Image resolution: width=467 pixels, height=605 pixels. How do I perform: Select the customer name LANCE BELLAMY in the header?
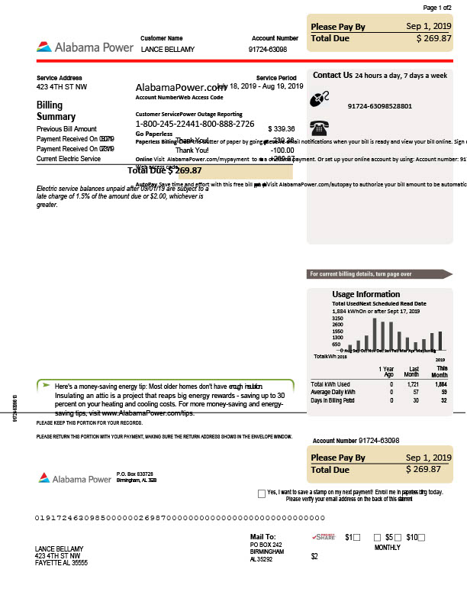(x=168, y=49)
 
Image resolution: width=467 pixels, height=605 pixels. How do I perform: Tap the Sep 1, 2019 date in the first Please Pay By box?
(x=428, y=26)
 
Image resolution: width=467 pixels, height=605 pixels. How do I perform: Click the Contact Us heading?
(x=332, y=76)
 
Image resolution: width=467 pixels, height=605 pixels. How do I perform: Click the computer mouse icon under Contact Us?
(x=320, y=99)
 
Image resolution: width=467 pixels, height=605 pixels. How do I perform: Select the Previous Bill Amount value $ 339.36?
(x=281, y=129)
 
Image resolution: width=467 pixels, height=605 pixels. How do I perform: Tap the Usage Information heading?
(x=366, y=294)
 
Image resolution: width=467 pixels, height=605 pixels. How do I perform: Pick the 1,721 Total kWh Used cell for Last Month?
(x=413, y=384)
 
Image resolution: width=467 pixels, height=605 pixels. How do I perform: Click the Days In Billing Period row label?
(x=333, y=400)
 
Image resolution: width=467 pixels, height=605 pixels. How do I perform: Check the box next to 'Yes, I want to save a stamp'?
(x=262, y=493)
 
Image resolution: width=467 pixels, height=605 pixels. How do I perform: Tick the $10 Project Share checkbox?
(x=421, y=538)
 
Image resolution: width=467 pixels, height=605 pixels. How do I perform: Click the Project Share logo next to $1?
(x=324, y=538)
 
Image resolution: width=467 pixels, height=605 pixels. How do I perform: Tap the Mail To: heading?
(x=262, y=537)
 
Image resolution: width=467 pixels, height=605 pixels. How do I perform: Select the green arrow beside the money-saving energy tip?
(x=46, y=385)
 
